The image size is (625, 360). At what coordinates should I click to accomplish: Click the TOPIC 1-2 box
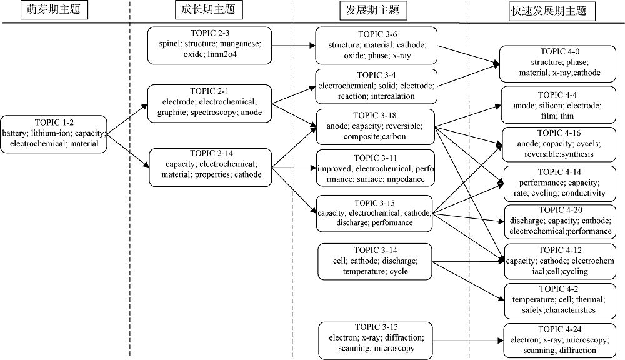coord(54,134)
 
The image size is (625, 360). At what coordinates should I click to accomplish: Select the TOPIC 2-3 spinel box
coord(209,46)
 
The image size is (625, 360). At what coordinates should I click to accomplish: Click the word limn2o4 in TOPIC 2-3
coord(222,54)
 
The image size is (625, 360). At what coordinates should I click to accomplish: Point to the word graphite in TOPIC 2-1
coord(172,112)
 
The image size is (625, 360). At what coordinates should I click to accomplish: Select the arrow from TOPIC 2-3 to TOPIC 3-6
coord(294,46)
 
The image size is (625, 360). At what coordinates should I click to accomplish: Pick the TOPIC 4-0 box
coord(557,64)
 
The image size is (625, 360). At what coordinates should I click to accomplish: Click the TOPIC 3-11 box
coord(376,168)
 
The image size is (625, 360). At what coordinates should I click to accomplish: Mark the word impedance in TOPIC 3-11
coord(406,179)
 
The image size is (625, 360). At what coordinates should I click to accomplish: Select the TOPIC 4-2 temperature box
coord(560,301)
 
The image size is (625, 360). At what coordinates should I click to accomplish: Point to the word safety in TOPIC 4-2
coord(532,310)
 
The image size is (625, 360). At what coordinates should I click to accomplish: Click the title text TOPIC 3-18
coord(374,116)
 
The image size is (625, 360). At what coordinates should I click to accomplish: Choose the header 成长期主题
coord(209,9)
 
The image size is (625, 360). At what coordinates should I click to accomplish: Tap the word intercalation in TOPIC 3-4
coord(393,96)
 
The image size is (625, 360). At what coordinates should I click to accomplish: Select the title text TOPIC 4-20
coord(561,211)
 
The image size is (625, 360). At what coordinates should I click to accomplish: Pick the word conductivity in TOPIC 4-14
coord(584,193)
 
